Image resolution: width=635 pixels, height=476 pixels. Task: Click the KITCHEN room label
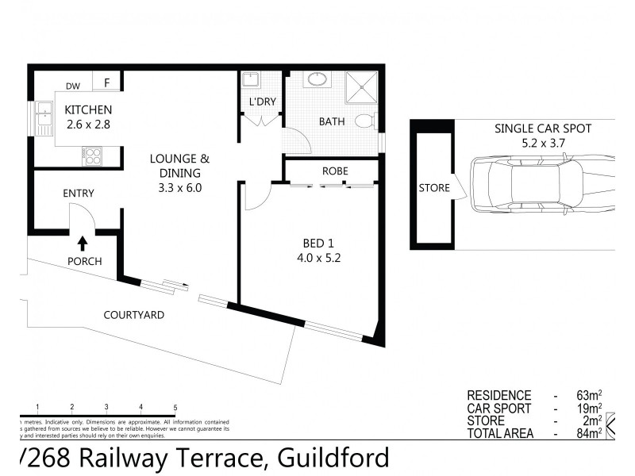(x=88, y=109)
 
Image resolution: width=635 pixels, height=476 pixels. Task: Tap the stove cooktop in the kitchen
(x=92, y=156)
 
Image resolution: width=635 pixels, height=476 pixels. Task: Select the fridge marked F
(x=106, y=82)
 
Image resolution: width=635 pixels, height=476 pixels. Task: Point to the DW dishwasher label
(x=73, y=86)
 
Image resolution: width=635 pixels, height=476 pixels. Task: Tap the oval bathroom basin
(x=316, y=80)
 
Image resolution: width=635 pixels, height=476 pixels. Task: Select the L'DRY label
(x=261, y=103)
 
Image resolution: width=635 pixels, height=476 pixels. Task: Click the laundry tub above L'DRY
(x=250, y=80)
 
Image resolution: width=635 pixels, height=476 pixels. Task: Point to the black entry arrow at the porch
(x=82, y=243)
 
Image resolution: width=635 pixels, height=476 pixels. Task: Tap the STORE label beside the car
(x=433, y=189)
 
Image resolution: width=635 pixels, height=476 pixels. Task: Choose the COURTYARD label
(x=134, y=315)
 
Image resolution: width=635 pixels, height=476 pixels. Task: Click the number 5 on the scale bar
(x=175, y=406)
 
